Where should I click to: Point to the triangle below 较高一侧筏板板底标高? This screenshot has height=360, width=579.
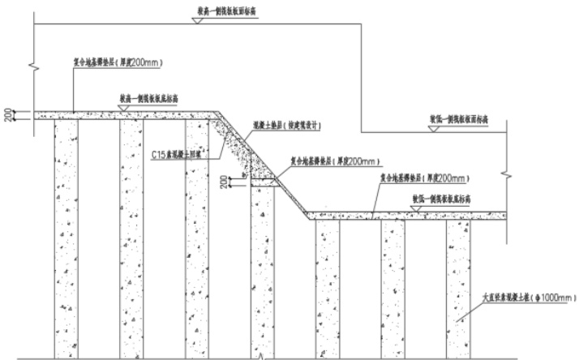click(125, 107)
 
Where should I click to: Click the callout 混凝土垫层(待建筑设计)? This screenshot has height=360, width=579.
click(289, 125)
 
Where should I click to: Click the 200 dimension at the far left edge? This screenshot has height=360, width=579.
click(9, 116)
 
